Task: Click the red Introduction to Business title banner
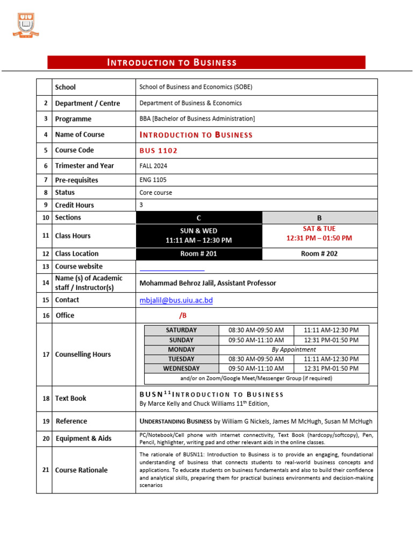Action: pyautogui.click(x=206, y=62)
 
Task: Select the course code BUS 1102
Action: pyautogui.click(x=159, y=150)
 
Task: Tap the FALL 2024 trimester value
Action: pyautogui.click(x=154, y=166)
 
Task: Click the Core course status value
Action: pyautogui.click(x=156, y=193)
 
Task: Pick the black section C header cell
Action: pyautogui.click(x=198, y=218)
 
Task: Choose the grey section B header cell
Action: pyautogui.click(x=319, y=218)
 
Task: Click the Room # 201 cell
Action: pyautogui.click(x=198, y=254)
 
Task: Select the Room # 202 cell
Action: pyautogui.click(x=319, y=254)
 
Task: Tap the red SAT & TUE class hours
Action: pyautogui.click(x=319, y=234)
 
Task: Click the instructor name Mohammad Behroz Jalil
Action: pyautogui.click(x=207, y=283)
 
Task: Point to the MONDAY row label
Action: pyautogui.click(x=181, y=350)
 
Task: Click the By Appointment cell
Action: pyautogui.click(x=294, y=350)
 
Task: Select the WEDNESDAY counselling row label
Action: pyautogui.click(x=181, y=369)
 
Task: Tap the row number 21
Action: pyautogui.click(x=46, y=470)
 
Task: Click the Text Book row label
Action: pyautogui.click(x=70, y=399)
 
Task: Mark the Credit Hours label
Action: pyautogui.click(x=74, y=205)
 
